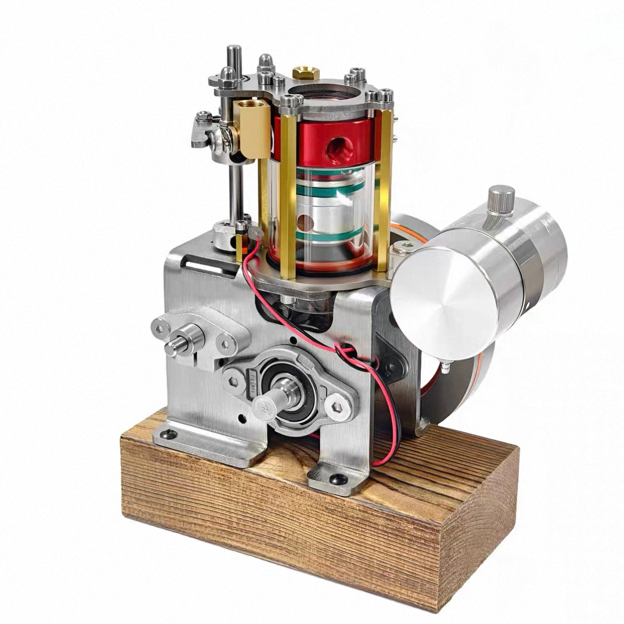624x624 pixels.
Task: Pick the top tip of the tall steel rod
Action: coord(233,50)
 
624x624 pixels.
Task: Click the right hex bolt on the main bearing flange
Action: coord(338,408)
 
